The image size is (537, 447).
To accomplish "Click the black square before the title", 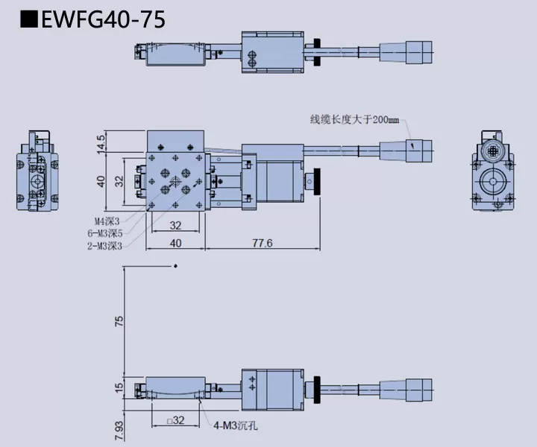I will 29,19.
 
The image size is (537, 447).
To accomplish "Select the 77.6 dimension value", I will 262,243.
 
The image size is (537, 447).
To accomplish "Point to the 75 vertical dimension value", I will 119,320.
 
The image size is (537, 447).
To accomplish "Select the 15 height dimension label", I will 119,387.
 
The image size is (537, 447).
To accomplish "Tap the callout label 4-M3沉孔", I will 238,427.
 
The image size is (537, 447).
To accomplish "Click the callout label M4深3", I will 107,221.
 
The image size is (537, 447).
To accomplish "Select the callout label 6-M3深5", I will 104,232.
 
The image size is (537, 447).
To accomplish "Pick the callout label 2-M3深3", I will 104,246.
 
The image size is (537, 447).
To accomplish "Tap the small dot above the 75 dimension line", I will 175,266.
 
